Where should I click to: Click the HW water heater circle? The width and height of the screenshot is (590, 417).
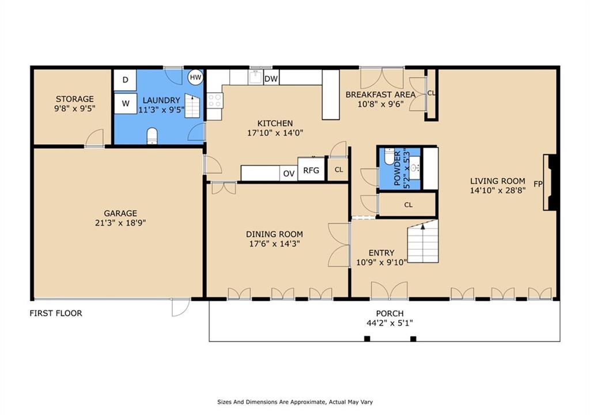[x=195, y=77]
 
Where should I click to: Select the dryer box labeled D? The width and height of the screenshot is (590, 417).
[x=125, y=80]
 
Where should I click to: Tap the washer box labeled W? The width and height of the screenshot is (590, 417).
[x=125, y=104]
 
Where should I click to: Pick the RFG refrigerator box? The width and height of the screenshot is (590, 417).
[x=311, y=170]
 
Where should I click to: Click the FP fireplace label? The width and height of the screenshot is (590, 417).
[x=538, y=185]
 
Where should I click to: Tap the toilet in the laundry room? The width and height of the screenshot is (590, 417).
[x=152, y=136]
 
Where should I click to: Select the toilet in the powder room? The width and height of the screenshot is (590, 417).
[x=389, y=156]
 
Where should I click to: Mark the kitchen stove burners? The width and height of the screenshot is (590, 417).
[x=214, y=100]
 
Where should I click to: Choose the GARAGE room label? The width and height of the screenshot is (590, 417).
[x=120, y=213]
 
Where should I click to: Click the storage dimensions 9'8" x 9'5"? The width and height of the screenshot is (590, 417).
[x=74, y=108]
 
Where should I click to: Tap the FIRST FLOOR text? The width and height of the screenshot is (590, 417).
[x=56, y=313]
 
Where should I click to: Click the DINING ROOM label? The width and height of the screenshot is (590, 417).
[x=274, y=234]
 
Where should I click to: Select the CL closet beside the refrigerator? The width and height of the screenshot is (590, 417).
[x=339, y=170]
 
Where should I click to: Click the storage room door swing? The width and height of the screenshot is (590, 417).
[x=94, y=138]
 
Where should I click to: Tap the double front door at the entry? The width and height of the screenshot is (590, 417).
[x=389, y=291]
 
